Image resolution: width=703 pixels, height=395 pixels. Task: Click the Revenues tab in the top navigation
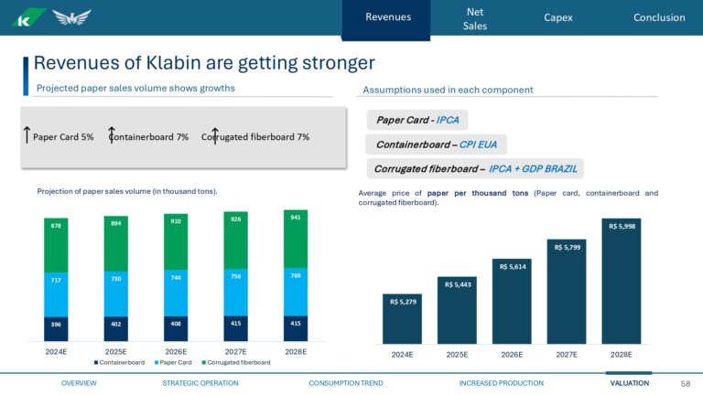(387, 17)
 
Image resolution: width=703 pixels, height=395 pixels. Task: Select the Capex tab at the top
(558, 17)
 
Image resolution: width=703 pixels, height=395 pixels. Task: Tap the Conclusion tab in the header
(658, 17)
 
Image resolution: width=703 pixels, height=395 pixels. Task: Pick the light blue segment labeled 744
(176, 294)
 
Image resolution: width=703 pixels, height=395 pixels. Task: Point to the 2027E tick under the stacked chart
(235, 351)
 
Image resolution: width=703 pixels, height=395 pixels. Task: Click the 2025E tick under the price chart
(457, 354)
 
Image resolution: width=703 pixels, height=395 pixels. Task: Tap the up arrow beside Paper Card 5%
(27, 136)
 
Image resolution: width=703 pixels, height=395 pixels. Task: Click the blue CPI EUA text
(480, 144)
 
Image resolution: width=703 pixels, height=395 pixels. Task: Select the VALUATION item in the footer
(629, 383)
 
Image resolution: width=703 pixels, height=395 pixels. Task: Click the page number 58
(686, 383)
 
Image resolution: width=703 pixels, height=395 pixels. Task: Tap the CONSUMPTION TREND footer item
(346, 383)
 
